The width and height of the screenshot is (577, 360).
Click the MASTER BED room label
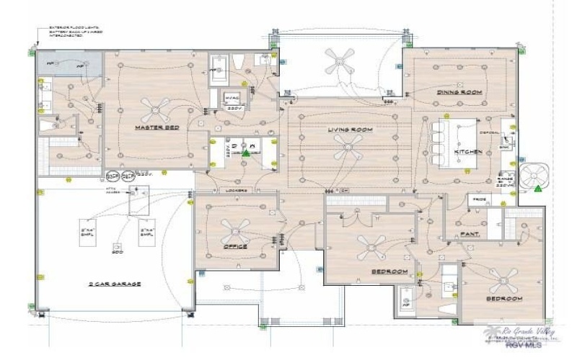point(157,128)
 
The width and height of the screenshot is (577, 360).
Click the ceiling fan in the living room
point(348,149)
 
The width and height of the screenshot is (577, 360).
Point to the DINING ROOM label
point(459,93)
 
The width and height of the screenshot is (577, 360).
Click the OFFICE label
point(235,246)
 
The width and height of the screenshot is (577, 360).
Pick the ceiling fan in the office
point(236,228)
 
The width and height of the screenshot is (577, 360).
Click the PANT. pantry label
point(472,234)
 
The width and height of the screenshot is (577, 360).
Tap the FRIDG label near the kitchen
point(477,198)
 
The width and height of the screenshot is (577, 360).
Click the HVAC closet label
point(232,97)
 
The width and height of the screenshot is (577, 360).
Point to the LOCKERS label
point(236,190)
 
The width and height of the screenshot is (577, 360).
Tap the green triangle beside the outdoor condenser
point(538,189)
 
